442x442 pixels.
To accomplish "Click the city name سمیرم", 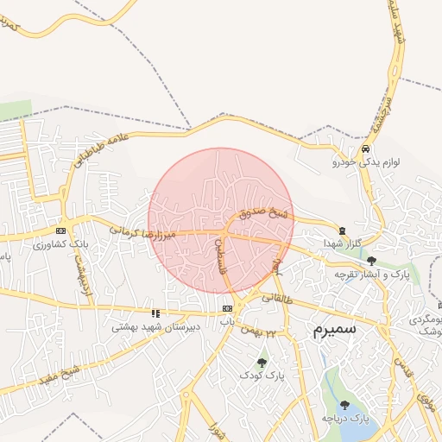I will pyautogui.click(x=329, y=330).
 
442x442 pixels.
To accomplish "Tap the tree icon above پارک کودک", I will pyautogui.click(x=262, y=363).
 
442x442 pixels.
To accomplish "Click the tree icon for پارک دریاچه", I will pyautogui.click(x=344, y=404).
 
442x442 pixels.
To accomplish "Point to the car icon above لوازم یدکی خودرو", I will pyautogui.click(x=366, y=148).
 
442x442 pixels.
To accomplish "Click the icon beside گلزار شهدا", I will pyautogui.click(x=344, y=230).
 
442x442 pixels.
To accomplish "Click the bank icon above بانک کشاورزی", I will pyautogui.click(x=60, y=231).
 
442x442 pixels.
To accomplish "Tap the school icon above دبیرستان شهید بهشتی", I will pyautogui.click(x=155, y=313).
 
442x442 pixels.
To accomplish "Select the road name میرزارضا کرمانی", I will pyautogui.click(x=142, y=233).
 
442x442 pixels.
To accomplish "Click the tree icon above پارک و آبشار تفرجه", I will pyautogui.click(x=371, y=260).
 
